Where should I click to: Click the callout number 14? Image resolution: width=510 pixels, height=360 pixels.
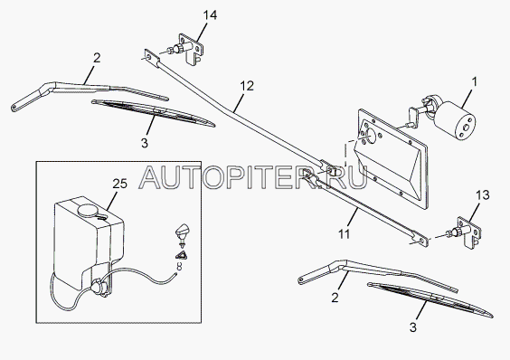pos(210,15)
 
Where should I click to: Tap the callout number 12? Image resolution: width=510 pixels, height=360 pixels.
pos(247,86)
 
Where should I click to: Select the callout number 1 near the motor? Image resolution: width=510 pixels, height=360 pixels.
pos(474,81)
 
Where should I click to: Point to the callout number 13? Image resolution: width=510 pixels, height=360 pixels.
pos(482,195)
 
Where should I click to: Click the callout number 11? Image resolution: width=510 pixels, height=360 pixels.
pos(344,233)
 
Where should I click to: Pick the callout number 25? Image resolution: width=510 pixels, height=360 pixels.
pos(119,184)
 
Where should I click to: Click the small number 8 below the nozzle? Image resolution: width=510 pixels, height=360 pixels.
pos(179,267)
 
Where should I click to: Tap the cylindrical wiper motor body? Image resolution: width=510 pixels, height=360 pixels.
pos(455,121)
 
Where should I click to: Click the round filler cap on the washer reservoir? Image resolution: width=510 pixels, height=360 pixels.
pos(87,210)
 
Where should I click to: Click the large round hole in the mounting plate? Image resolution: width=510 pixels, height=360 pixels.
pos(369,137)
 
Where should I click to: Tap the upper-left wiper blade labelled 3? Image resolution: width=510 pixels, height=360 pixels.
pos(153,113)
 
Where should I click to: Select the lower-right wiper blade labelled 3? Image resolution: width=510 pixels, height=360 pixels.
pos(430,299)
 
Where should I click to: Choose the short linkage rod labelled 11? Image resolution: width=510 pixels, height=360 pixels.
pos(365,207)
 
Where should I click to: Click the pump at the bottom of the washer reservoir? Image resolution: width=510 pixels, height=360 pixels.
pos(98,288)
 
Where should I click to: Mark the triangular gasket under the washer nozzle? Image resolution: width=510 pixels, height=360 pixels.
pos(182,255)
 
